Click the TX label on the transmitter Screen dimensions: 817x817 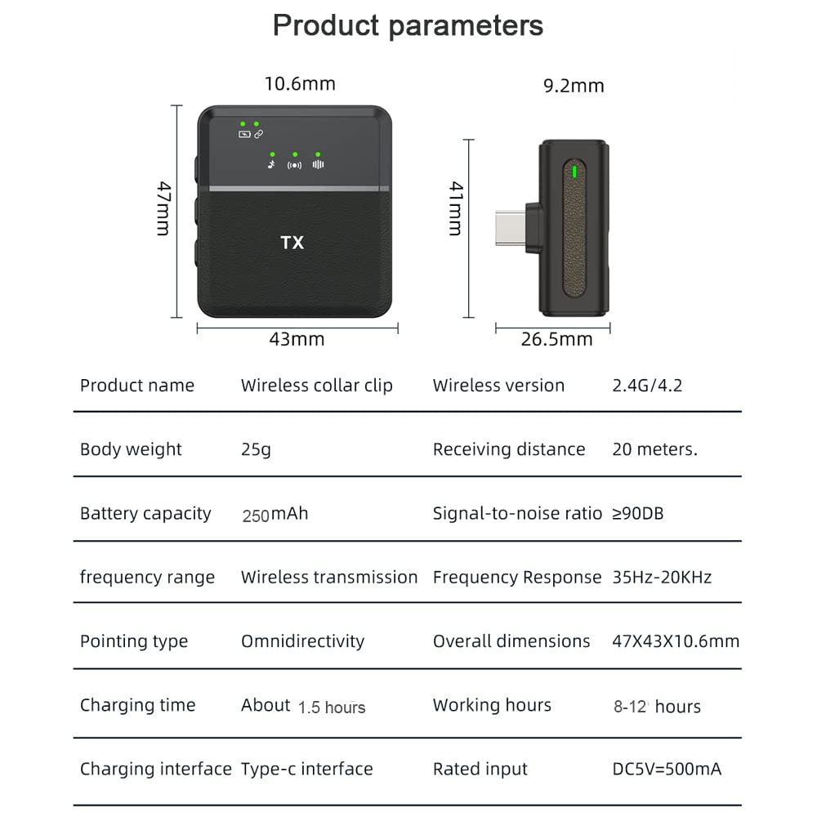292,243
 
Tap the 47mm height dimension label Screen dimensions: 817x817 163,208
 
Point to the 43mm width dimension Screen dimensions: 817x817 297,339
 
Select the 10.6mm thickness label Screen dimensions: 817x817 300,84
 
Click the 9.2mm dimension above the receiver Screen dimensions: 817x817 574,86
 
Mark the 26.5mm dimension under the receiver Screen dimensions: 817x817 556,339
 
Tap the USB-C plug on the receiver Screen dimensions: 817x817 511,228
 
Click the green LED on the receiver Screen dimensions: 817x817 574,172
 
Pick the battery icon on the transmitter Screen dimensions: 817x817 244,135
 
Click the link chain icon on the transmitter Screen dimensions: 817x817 258,135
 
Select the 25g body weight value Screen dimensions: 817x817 256,449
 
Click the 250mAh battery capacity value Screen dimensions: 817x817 275,514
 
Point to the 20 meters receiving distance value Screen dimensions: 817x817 654,449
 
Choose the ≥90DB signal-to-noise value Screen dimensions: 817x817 638,514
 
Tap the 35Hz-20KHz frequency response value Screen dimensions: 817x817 662,578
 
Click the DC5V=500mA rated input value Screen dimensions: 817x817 667,769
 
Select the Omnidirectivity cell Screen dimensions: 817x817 303,641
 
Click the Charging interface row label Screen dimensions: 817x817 156,769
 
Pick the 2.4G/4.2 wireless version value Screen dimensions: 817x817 647,386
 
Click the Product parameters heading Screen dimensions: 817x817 408,25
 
